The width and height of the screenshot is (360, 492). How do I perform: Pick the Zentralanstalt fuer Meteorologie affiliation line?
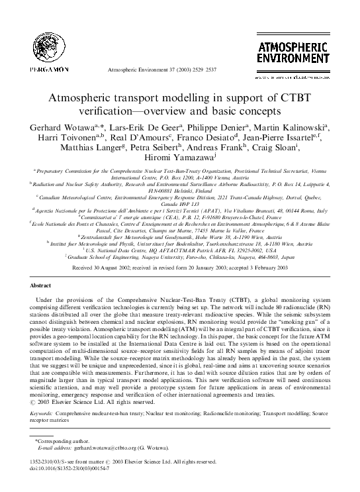(179, 235)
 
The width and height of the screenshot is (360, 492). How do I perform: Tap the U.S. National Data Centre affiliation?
(179, 250)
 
